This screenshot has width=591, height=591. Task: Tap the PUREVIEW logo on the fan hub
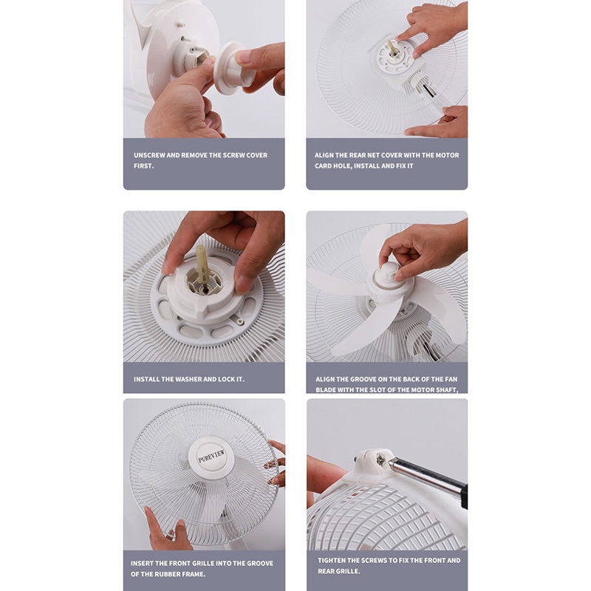coord(211,456)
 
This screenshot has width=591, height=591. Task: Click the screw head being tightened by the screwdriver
coord(380,460)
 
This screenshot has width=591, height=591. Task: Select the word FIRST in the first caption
coord(143,165)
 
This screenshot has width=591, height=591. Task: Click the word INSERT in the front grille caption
coord(142,564)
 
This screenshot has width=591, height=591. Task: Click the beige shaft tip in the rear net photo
coord(391,48)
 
